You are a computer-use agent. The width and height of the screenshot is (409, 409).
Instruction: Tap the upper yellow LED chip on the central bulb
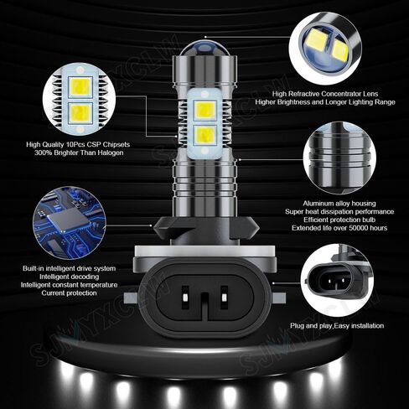[x=204, y=109]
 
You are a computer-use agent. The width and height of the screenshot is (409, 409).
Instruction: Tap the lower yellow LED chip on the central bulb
[x=204, y=134]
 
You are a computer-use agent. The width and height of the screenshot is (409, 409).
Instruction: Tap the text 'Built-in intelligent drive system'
[x=70, y=269]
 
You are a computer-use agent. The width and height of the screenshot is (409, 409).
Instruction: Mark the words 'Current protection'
[x=70, y=294]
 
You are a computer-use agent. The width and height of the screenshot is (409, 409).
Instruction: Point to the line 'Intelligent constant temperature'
[x=70, y=286]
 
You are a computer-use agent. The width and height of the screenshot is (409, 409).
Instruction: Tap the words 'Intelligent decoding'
[x=70, y=277]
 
